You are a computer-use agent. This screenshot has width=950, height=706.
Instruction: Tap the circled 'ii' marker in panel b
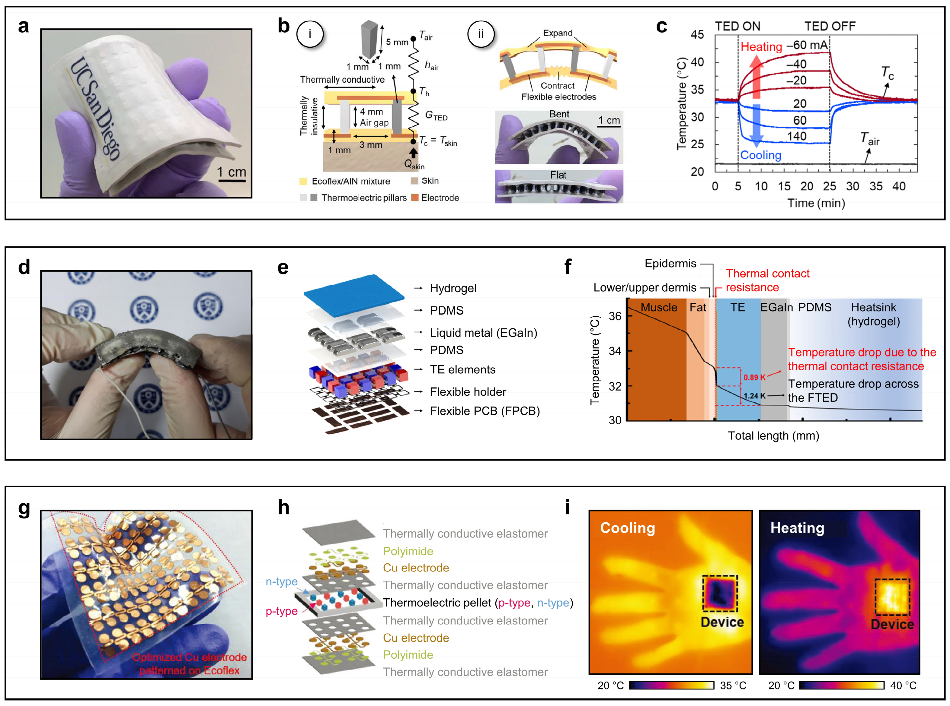pos(481,34)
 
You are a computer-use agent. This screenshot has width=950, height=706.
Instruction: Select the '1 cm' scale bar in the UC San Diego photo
pos(232,174)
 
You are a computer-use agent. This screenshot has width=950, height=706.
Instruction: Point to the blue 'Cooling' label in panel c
pos(760,155)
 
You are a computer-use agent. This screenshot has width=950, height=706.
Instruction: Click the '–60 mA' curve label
pos(807,45)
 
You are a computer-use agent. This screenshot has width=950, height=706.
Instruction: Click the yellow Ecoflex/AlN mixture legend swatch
pos(303,181)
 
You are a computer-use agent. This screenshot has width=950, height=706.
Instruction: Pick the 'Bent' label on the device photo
pos(559,114)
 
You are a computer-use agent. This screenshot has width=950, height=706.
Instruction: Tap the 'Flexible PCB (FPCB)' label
pos(485,411)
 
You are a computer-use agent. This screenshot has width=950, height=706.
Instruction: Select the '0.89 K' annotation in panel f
pos(754,377)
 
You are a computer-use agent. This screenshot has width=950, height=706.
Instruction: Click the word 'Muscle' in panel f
pos(659,307)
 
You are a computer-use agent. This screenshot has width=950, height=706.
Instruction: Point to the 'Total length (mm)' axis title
pos(773,435)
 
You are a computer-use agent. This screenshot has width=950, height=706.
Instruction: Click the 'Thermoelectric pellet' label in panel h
pos(437,603)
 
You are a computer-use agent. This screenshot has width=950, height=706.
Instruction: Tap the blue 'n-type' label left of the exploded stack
pos(281,582)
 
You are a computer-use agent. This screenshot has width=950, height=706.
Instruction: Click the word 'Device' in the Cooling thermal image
pos(722,622)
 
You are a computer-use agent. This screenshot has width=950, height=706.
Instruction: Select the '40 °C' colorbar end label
pos(903,685)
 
